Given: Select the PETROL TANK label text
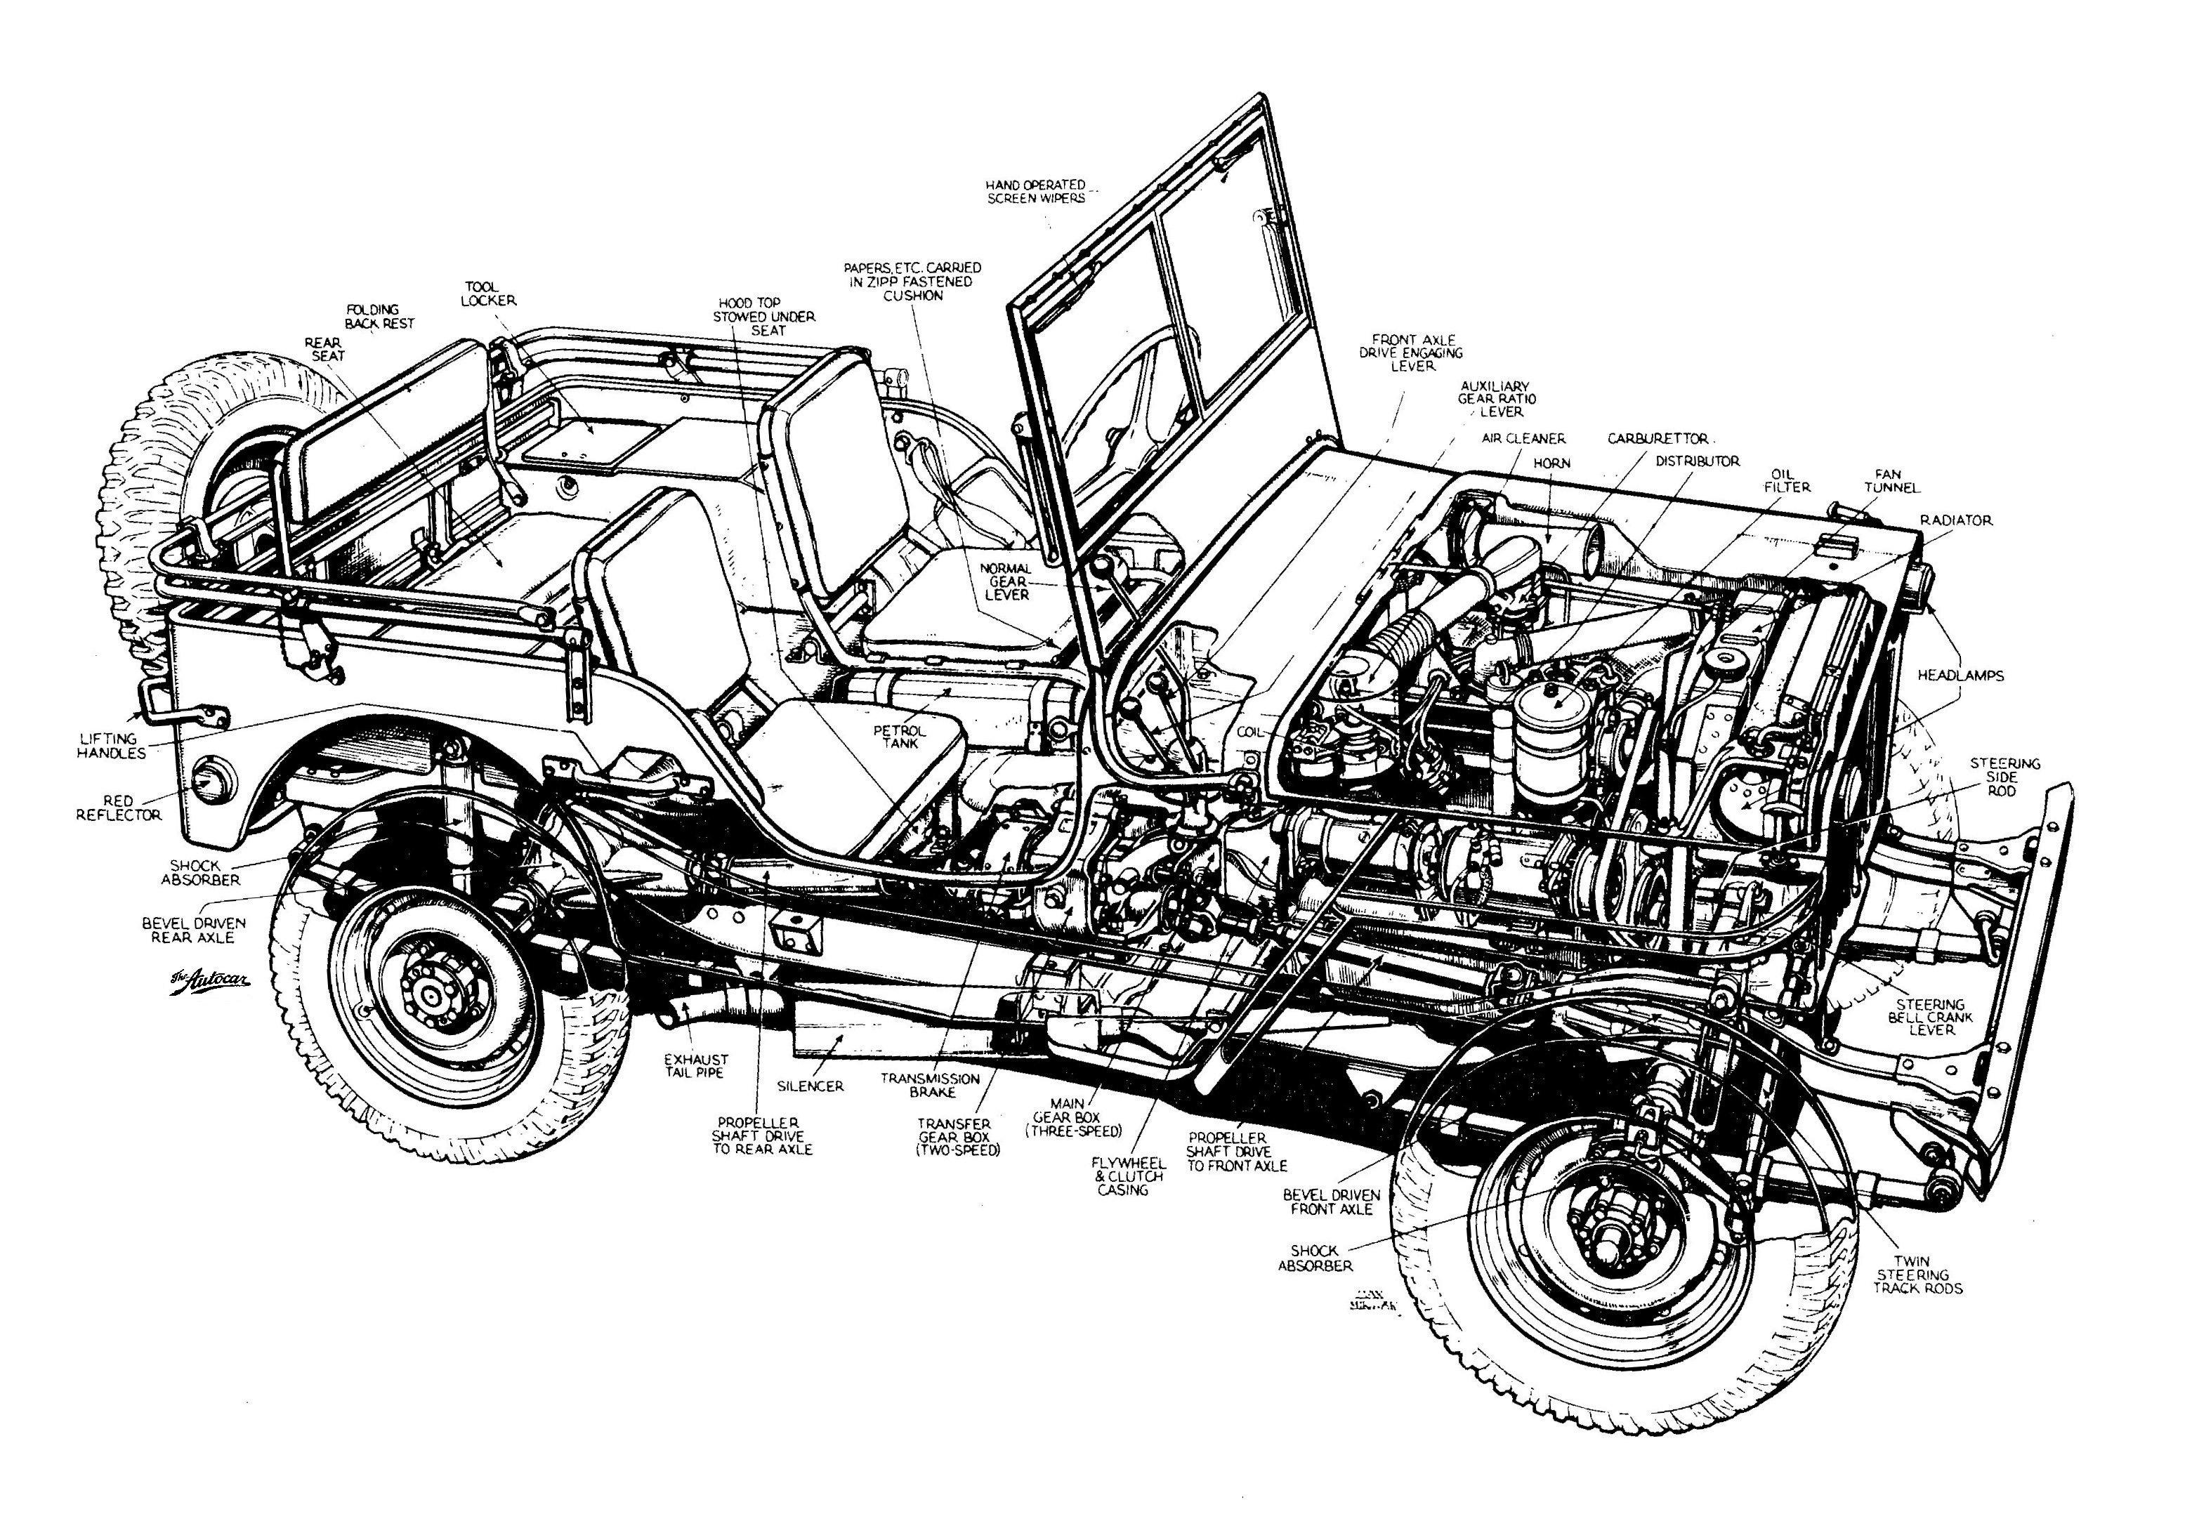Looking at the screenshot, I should coord(895,736).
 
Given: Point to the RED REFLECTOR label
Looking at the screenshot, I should coord(126,808).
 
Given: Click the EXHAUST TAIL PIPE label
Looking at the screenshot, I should coord(697,1065).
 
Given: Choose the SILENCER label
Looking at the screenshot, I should coord(810,1086).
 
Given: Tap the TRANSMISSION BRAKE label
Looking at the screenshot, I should coord(930,1084).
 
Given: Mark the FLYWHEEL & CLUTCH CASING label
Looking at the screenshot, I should coord(1129,1176).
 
